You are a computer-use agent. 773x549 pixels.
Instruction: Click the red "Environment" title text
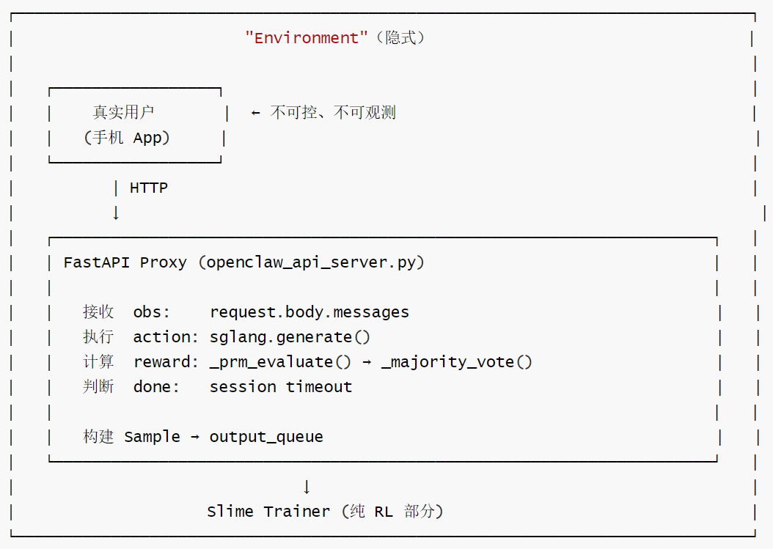point(306,38)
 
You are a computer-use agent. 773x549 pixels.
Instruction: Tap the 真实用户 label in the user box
point(123,112)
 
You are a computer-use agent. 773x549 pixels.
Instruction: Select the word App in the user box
point(148,138)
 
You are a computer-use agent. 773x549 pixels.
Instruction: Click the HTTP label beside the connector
point(149,188)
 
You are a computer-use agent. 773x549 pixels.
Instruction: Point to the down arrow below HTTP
point(116,213)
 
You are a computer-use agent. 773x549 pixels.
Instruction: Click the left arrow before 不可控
point(255,113)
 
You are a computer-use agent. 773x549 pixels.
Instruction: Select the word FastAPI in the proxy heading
point(97,262)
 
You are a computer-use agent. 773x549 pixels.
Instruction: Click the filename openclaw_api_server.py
point(311,262)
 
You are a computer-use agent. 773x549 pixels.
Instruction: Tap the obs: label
point(151,312)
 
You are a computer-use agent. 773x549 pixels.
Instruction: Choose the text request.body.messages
point(309,312)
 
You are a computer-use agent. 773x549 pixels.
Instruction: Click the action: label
point(166,337)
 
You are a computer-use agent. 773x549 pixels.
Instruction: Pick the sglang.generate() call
point(290,338)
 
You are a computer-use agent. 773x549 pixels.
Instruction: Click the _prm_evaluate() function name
point(280,362)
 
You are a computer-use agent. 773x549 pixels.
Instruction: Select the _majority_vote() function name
point(456,362)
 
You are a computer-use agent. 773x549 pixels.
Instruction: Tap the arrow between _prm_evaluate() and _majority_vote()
point(366,363)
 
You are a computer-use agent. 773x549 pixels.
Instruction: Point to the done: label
point(156,387)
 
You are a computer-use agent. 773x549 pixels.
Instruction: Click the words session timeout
point(281,387)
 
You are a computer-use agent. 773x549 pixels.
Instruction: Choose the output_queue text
point(266,437)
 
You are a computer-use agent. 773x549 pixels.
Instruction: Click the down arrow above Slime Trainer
point(307,487)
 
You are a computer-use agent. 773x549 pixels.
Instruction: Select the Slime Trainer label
point(268,512)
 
